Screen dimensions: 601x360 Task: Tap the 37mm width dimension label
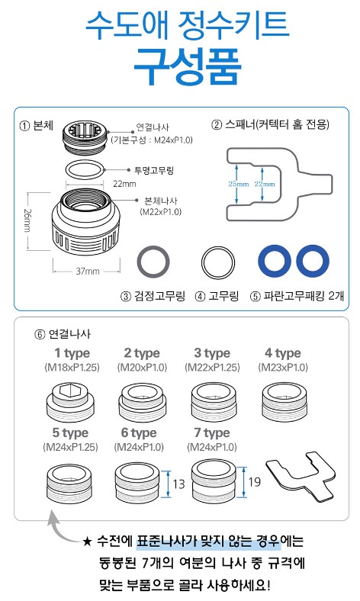[x=87, y=271]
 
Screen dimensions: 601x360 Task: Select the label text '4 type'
[x=282, y=353]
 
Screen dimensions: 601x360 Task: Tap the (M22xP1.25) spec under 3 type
[x=212, y=367]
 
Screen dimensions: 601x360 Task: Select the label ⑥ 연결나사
[x=63, y=334]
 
